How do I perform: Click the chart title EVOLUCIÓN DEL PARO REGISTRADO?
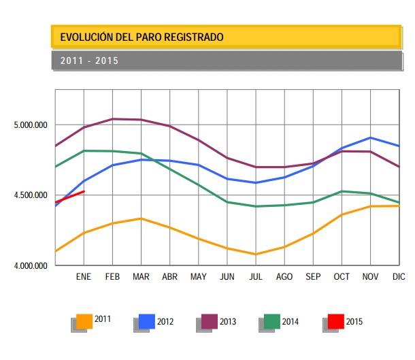point(142,37)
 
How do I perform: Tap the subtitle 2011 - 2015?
point(89,61)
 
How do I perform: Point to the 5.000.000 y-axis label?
point(30,125)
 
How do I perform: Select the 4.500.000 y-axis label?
point(30,195)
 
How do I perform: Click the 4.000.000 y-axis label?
point(30,265)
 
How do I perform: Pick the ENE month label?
point(83,277)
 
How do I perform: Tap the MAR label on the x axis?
point(141,277)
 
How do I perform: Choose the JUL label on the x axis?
point(256,277)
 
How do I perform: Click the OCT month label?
point(342,277)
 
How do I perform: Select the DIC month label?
point(399,277)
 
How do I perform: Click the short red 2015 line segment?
point(69,197)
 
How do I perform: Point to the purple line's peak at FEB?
point(112,119)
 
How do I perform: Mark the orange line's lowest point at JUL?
point(256,255)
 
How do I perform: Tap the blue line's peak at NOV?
point(370,137)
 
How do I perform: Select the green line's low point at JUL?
point(256,206)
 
